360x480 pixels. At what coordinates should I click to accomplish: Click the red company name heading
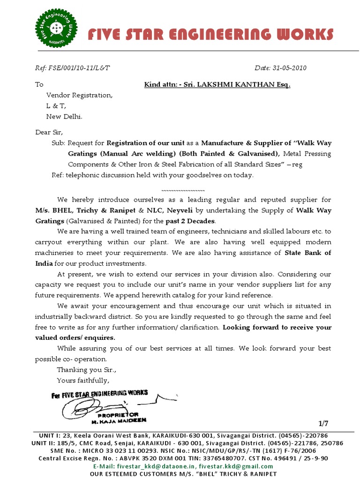211,35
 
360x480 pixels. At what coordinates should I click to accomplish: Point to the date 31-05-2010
289,68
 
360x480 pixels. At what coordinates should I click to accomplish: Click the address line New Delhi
64,116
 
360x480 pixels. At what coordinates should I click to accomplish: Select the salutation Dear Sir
49,132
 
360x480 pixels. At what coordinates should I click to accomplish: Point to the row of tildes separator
183,191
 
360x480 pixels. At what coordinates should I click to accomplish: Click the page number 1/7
323,424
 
